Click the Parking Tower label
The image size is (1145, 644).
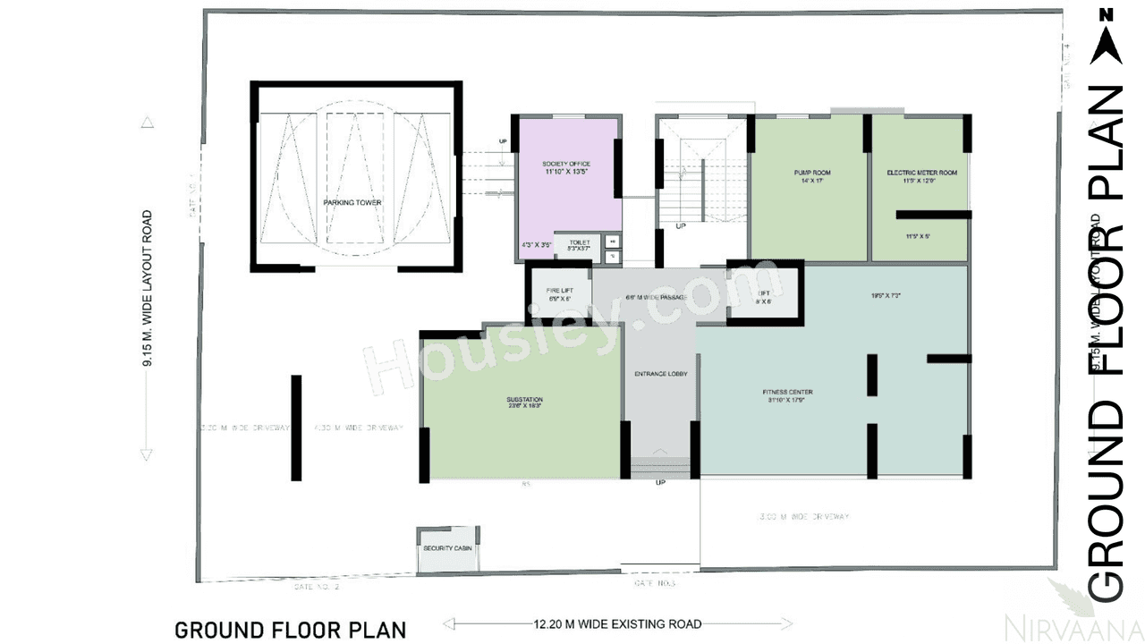pos(352,203)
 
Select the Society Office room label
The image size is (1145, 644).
pos(566,165)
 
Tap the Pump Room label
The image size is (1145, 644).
pos(812,173)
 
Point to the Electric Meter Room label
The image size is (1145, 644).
pos(921,173)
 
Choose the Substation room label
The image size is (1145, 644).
pos(523,400)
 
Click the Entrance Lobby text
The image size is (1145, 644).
pos(660,374)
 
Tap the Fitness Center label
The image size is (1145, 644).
pos(787,392)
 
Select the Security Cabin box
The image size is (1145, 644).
pos(448,548)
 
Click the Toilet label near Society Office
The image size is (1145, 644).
pos(579,242)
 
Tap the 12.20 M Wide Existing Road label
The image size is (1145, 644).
pos(617,624)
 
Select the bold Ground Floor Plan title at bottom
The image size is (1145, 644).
pos(290,630)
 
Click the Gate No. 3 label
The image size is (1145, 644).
pos(655,583)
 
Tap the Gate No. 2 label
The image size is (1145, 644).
pos(317,588)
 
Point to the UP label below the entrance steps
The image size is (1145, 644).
pos(660,483)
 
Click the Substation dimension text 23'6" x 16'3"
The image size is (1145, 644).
pos(523,407)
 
